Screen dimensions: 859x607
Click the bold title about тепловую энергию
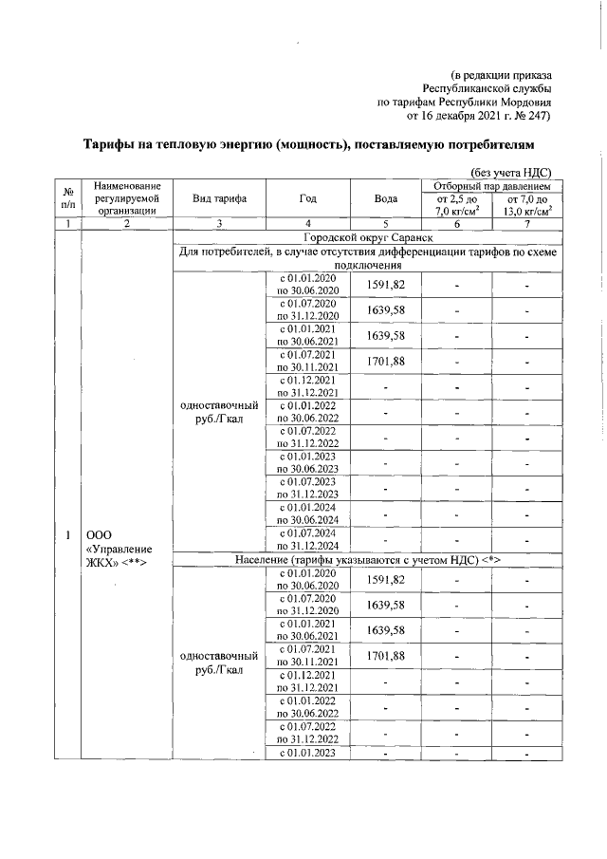point(306,144)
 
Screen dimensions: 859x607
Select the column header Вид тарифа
point(220,199)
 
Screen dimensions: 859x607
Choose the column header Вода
point(386,199)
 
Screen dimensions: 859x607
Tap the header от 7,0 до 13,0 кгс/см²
point(528,206)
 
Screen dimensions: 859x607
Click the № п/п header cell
point(67,199)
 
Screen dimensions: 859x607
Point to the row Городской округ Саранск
point(367,236)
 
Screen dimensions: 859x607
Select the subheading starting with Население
point(367,559)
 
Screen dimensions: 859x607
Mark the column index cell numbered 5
point(386,223)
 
